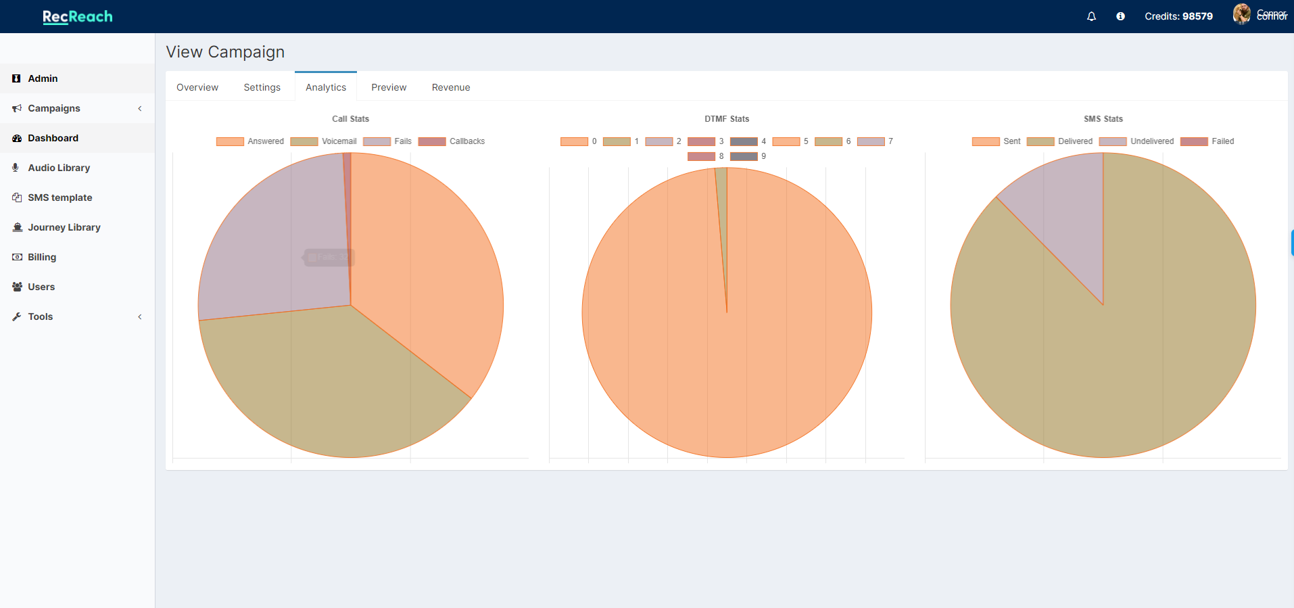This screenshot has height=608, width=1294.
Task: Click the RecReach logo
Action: click(78, 16)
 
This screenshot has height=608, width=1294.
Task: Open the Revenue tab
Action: click(451, 87)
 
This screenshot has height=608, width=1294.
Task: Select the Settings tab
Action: click(262, 87)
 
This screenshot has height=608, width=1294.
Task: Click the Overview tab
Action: click(197, 87)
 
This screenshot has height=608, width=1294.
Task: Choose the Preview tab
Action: click(389, 87)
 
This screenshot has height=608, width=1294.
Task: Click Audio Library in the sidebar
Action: click(59, 168)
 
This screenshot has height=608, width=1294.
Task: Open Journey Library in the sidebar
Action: click(64, 227)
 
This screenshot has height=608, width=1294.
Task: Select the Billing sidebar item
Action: click(42, 257)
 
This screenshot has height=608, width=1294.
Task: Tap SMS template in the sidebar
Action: click(60, 197)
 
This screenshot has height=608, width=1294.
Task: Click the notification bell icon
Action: click(1091, 16)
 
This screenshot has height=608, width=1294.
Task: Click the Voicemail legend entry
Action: click(324, 141)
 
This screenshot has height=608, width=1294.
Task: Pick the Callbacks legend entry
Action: click(452, 141)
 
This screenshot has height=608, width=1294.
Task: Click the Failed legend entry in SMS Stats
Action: click(1207, 141)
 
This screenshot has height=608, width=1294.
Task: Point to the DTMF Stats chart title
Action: click(727, 119)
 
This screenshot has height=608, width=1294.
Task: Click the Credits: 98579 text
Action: click(1178, 16)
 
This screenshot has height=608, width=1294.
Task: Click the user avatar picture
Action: click(1241, 14)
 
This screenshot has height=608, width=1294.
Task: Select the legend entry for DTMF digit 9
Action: click(748, 156)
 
